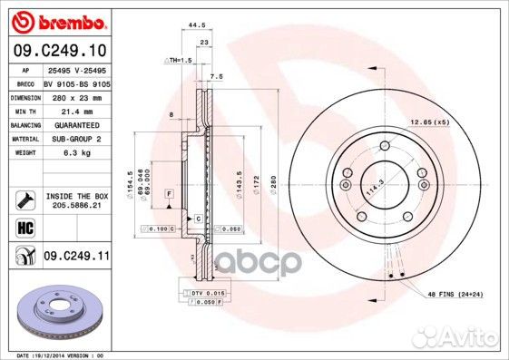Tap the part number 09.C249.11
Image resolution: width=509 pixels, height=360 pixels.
(x=76, y=257)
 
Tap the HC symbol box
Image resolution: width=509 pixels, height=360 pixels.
(x=24, y=227)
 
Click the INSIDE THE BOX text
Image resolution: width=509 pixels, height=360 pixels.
(x=76, y=196)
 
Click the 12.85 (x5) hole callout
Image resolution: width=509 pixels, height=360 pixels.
(x=429, y=122)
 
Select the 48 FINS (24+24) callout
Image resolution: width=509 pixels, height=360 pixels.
(x=455, y=296)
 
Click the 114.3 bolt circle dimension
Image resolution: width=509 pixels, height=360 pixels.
(x=369, y=191)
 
